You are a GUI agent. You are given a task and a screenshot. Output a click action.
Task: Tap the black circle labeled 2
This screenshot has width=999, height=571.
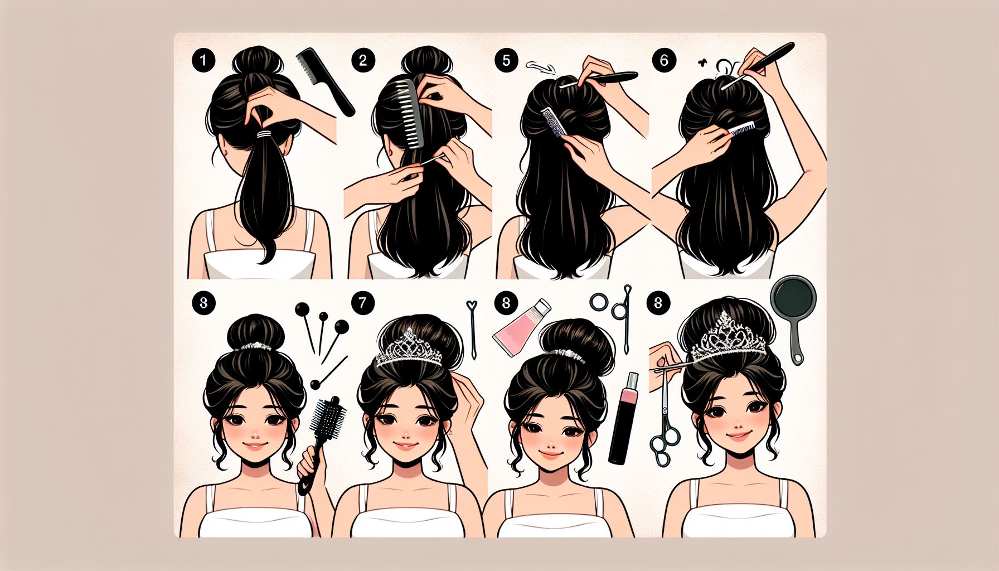pos(363,60)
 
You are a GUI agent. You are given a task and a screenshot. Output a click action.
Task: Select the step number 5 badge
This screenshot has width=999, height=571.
pos(506,60)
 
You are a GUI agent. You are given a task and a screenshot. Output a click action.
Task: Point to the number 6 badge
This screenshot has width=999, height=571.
pos(663,60)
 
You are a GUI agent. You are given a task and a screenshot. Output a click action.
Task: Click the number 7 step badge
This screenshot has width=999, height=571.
pos(363,303)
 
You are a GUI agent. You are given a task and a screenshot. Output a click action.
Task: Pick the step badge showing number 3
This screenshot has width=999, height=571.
pos(203,303)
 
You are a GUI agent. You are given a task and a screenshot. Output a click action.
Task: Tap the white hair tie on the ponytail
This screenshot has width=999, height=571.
pos(263,134)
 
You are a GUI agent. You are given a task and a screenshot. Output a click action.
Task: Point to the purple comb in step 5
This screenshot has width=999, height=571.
pos(554,122)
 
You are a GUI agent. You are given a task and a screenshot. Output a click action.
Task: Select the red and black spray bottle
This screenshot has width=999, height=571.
pos(623,418)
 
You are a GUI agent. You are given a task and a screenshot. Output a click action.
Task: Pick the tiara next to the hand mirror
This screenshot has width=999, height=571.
pos(728,337)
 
